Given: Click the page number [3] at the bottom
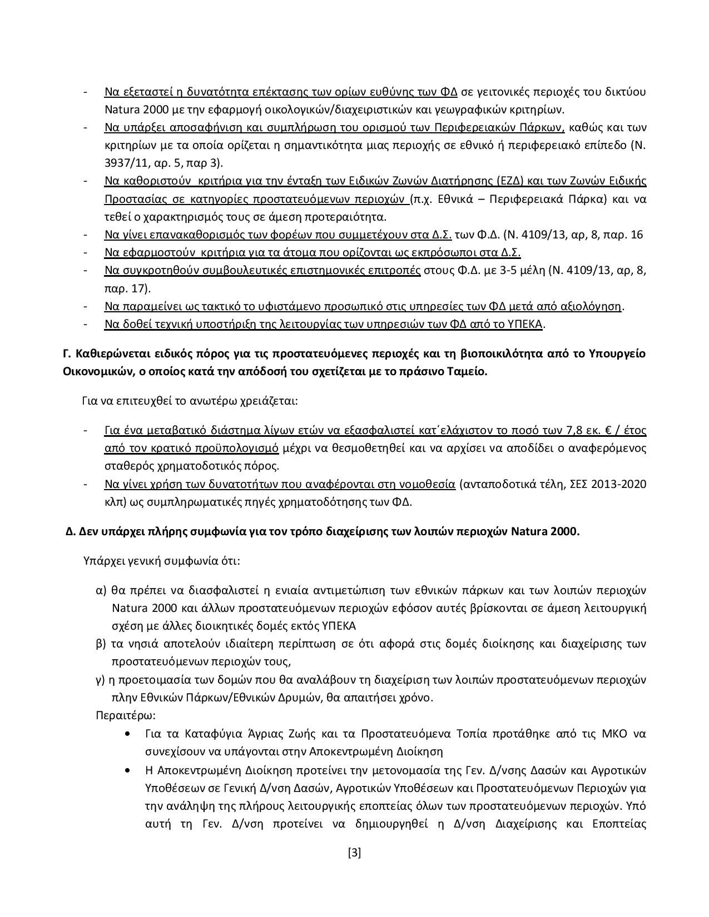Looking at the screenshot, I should point(354,853).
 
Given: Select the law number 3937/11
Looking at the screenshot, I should point(126,163).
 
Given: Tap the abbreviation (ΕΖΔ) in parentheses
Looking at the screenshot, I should point(507,181).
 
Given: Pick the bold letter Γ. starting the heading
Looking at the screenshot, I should point(67,354).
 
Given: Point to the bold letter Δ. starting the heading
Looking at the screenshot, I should point(70,531).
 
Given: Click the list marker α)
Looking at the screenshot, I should point(101,590).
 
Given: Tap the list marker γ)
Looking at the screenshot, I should point(101,680).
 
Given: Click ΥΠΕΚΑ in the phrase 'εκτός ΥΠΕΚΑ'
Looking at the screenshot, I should point(339,626).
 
